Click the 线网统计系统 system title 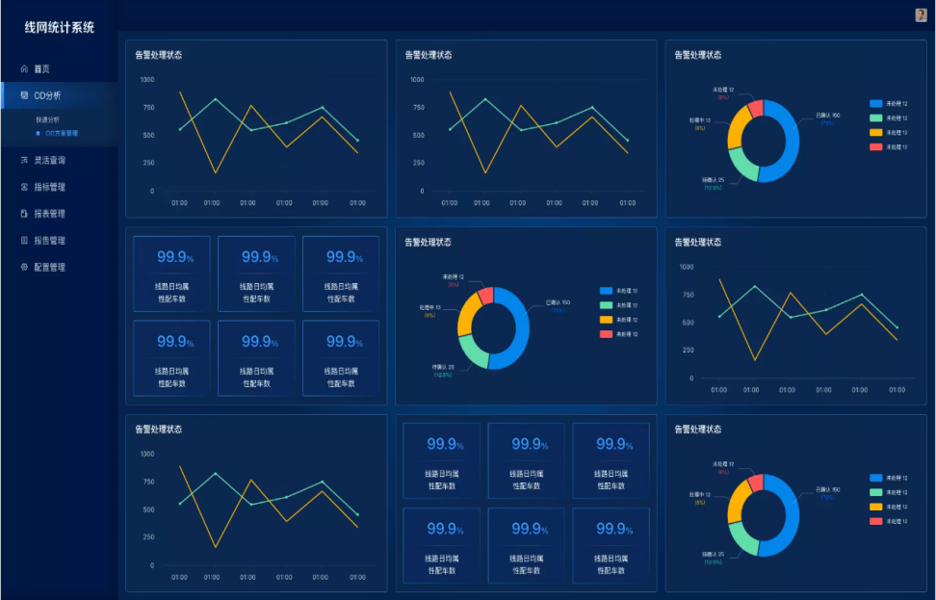pos(60,28)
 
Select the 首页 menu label pos(41,69)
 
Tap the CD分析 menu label pos(47,95)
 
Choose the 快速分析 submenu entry pos(48,119)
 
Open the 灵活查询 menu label pos(49,160)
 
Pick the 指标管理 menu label pos(49,187)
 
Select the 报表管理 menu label pos(49,214)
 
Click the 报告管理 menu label pos(49,241)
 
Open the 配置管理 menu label pos(49,267)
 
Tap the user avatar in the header pos(921,14)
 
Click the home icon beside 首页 pos(24,69)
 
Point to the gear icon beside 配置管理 pos(24,267)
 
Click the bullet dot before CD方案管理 pos(38,133)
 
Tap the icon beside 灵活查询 pos(24,160)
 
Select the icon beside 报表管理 pos(24,214)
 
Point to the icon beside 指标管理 pos(24,187)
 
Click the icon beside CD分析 pos(24,95)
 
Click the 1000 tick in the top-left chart pos(146,80)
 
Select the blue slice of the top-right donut pos(786,144)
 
